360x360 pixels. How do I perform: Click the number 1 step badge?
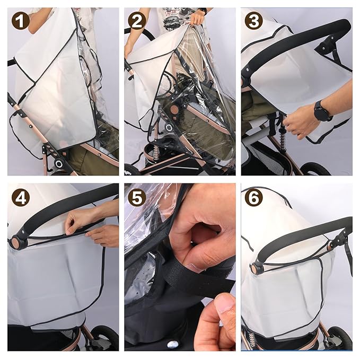point(22,22)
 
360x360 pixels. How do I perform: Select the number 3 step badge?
point(253,22)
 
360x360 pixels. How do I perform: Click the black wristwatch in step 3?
point(322,111)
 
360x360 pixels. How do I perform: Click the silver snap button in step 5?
point(172,344)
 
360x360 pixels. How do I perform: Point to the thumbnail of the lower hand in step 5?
point(225,306)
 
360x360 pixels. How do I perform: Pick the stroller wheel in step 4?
point(104,338)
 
